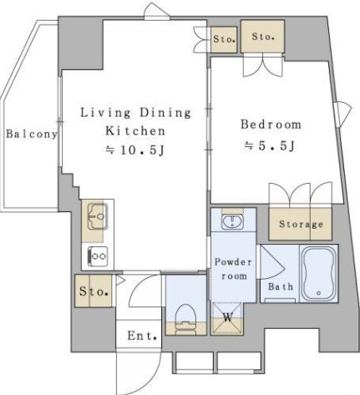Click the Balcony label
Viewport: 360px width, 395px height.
pos(32,134)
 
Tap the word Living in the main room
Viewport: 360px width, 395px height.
pos(105,113)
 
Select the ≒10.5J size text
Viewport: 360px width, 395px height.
pos(135,150)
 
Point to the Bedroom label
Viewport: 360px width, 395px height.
pos(271,124)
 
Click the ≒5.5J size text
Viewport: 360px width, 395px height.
pos(269,146)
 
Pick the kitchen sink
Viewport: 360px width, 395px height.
pos(98,216)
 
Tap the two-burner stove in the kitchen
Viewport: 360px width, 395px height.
pos(98,256)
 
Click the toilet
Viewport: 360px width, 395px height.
pos(185,319)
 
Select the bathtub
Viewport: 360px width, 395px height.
pos(318,274)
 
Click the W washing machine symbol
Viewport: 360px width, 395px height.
pos(228,317)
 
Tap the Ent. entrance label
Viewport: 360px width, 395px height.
pos(142,336)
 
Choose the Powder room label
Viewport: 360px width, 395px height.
pos(233,269)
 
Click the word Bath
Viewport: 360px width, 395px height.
pos(281,286)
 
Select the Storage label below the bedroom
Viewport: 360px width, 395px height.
pos(301,224)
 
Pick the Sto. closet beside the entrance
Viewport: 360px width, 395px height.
pos(94,291)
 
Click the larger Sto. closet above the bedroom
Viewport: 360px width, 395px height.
pos(262,36)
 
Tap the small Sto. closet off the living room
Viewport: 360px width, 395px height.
pos(224,39)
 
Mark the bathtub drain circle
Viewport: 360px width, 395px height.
pos(319,293)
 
